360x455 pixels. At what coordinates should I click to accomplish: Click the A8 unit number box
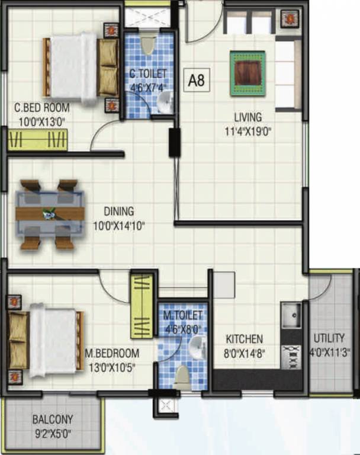[197, 80]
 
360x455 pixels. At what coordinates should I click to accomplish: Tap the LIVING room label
[247, 117]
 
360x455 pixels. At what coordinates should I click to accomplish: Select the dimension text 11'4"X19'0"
[247, 132]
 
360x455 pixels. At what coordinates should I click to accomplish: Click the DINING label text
[118, 211]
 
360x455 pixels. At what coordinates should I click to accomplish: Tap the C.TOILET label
[148, 74]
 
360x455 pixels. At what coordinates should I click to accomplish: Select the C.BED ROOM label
[41, 108]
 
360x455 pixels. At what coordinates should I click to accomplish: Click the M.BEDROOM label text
[112, 354]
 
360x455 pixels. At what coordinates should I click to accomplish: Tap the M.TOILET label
[184, 315]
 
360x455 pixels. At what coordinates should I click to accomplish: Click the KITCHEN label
[244, 339]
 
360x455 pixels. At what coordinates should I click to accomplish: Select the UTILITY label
[329, 338]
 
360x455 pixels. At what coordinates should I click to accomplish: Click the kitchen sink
[290, 316]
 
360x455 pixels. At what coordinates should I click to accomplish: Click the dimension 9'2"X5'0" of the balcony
[52, 434]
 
